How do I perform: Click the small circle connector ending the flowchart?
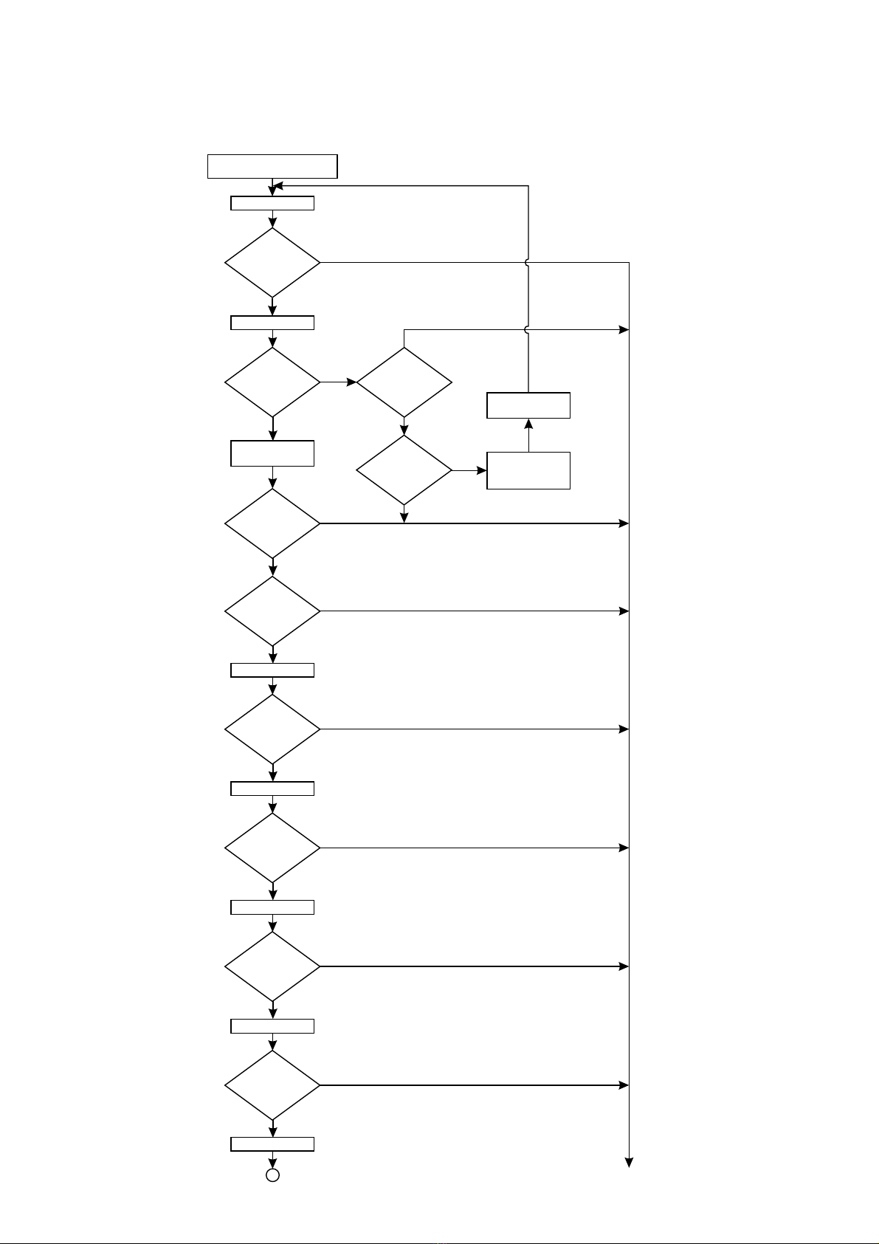[272, 1175]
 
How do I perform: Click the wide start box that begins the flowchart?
[272, 166]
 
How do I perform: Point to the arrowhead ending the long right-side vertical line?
[629, 1163]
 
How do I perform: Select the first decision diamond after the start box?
[272, 262]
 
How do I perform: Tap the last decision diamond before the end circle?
[272, 1085]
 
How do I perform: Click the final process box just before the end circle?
[272, 1144]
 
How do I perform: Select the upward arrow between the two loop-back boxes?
[528, 435]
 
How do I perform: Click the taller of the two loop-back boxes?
[528, 470]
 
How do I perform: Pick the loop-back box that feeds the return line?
[528, 405]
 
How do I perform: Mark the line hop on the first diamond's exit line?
[528, 262]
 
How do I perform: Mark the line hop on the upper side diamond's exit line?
[528, 329]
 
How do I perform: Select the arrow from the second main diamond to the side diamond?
[339, 382]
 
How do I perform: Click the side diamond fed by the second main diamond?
[404, 382]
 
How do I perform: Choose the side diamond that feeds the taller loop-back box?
[404, 470]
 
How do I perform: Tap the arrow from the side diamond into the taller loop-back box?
[469, 470]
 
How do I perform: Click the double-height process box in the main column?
[272, 453]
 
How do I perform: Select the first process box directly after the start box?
[272, 203]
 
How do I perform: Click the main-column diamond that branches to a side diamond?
[272, 382]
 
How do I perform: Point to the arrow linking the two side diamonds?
[404, 426]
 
